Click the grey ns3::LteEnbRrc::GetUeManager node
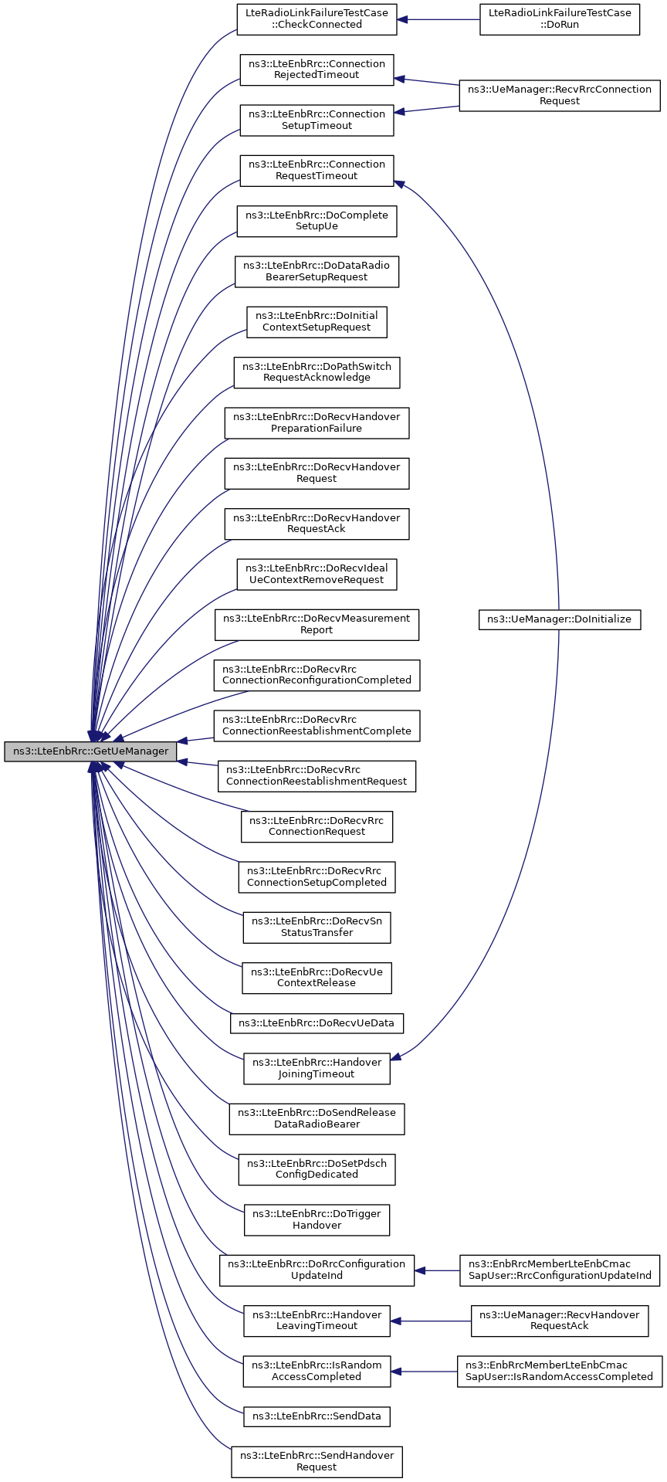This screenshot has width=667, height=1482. pos(90,751)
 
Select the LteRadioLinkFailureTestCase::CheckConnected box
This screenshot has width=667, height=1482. pos(317,19)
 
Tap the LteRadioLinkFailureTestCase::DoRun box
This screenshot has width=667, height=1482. pos(560,19)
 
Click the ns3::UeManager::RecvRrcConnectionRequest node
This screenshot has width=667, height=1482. pos(560,95)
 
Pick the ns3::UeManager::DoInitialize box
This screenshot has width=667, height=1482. pos(560,619)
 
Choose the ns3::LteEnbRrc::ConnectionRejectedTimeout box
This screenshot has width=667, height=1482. pos(317,70)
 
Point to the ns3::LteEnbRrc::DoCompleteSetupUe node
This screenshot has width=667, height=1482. pos(317,221)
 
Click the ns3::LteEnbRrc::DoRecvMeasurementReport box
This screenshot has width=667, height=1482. pos(317,624)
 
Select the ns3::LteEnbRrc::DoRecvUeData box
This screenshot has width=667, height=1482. pos(317,1023)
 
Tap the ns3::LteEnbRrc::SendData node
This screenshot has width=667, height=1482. pos(317,1416)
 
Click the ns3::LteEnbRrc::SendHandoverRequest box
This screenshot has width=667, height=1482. pos(317,1461)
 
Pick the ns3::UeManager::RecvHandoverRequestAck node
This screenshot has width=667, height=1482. pos(560,1321)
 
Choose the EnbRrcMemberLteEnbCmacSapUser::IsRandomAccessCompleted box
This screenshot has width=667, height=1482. pos(560,1371)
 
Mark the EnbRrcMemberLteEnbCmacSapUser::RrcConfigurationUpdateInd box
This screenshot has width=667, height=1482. pos(560,1270)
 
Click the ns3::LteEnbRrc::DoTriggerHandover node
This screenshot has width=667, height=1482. pos(317,1219)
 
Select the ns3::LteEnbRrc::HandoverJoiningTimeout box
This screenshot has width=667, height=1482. pos(317,1068)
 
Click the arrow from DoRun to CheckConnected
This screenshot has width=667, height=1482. pos(438,19)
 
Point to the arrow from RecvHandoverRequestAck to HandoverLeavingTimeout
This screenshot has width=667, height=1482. pos(431,1321)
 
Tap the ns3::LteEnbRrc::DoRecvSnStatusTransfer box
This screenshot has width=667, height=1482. pos(317,927)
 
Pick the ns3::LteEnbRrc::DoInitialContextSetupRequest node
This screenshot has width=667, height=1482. pos(317,321)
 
